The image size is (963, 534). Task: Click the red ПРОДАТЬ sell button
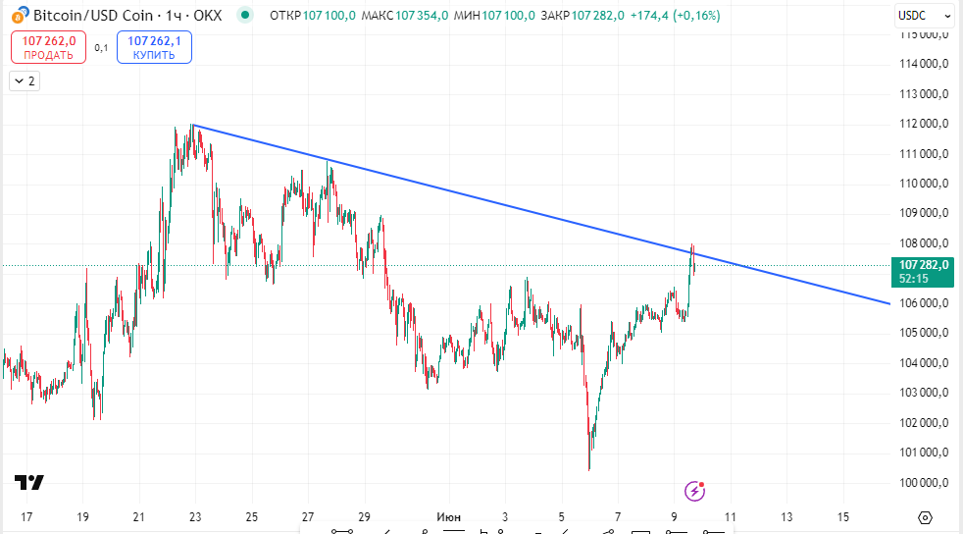click(48, 47)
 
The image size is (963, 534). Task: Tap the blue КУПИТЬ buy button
click(154, 47)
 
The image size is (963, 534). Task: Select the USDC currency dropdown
click(924, 16)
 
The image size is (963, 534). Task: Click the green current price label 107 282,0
click(921, 265)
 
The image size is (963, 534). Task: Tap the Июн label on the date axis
click(447, 516)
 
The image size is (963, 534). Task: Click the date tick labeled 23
click(195, 516)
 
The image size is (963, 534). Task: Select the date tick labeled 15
click(843, 516)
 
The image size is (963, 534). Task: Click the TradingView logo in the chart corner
click(29, 482)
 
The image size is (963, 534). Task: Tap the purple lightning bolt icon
click(695, 489)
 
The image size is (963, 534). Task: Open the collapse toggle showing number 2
click(24, 81)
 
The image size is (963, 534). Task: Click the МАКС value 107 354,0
click(423, 16)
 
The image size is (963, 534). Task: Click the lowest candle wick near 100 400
click(588, 468)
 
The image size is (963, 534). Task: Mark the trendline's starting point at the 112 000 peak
click(192, 125)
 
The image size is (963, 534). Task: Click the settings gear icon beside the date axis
click(925, 517)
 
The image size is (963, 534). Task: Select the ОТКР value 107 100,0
click(329, 16)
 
